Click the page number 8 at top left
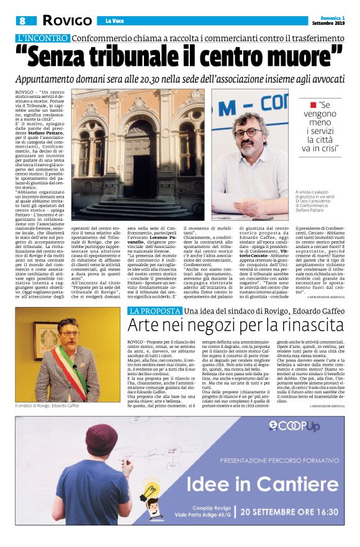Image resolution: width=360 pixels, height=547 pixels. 22,20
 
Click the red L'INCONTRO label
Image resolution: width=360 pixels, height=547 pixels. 43,37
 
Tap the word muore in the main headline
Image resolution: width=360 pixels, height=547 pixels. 303,58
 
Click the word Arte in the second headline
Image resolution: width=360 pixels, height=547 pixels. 144,326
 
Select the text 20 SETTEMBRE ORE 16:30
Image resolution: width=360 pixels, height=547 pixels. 289,512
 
